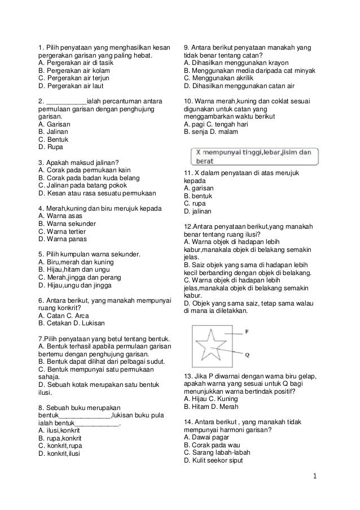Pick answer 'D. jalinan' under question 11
pyautogui.click(x=197, y=211)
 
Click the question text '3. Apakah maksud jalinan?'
pyautogui.click(x=77, y=162)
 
